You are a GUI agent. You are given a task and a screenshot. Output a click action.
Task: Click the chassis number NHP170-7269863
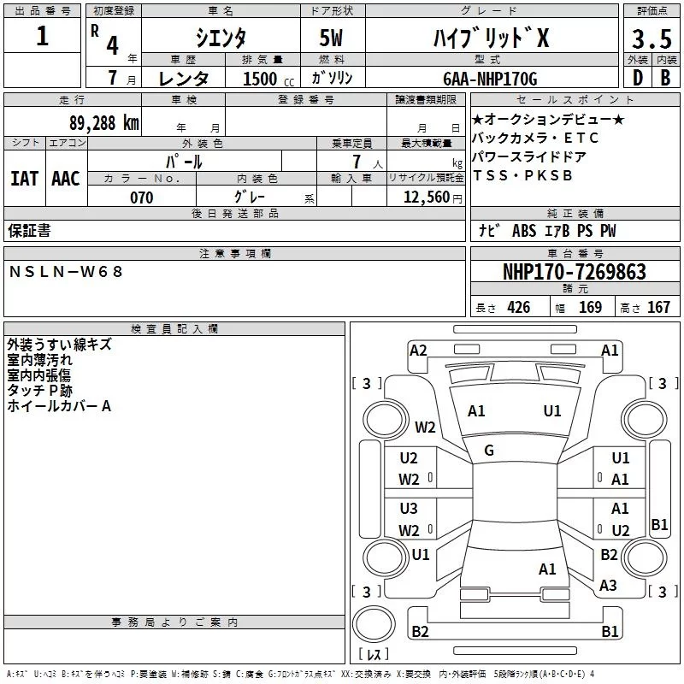click(574, 272)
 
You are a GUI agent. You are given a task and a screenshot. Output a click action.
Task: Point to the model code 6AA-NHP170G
click(490, 79)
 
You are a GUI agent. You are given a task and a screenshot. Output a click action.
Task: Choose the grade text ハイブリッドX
click(489, 38)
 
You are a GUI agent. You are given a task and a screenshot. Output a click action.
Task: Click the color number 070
click(141, 198)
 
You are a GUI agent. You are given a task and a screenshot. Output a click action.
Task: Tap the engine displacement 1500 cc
click(260, 79)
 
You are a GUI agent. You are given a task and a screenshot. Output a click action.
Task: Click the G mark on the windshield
click(489, 451)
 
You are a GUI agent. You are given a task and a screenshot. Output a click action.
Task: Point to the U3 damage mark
click(409, 509)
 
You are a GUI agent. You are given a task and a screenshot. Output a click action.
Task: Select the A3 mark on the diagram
click(608, 586)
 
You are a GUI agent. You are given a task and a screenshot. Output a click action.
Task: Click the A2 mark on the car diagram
click(418, 350)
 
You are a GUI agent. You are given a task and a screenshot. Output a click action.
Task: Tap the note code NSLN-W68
click(67, 271)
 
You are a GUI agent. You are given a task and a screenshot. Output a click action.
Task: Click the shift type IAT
click(25, 178)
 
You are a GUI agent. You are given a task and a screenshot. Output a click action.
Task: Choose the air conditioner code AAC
click(66, 178)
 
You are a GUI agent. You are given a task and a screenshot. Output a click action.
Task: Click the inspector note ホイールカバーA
click(59, 406)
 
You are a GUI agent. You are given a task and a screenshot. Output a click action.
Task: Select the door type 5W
click(333, 38)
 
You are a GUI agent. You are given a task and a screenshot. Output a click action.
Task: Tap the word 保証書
click(29, 230)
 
